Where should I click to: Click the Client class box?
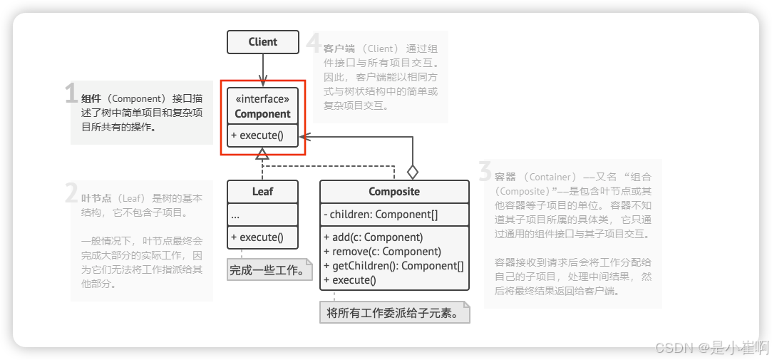click(x=262, y=42)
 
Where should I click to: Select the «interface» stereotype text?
click(x=262, y=99)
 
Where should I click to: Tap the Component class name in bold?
click(x=262, y=114)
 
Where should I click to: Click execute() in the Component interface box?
click(x=257, y=135)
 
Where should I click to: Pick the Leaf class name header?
click(x=262, y=191)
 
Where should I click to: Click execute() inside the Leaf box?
click(x=257, y=237)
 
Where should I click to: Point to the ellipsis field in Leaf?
click(x=236, y=215)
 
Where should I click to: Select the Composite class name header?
click(x=394, y=191)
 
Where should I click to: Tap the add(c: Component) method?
click(x=373, y=237)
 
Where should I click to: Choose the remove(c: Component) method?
click(x=382, y=252)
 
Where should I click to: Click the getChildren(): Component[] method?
click(x=393, y=266)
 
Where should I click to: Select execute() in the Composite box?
click(x=349, y=280)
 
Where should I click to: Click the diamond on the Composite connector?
click(x=412, y=172)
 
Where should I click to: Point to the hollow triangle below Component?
click(x=262, y=153)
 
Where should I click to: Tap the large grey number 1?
click(x=71, y=94)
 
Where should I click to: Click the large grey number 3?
click(x=485, y=172)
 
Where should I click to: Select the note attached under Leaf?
click(x=269, y=270)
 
